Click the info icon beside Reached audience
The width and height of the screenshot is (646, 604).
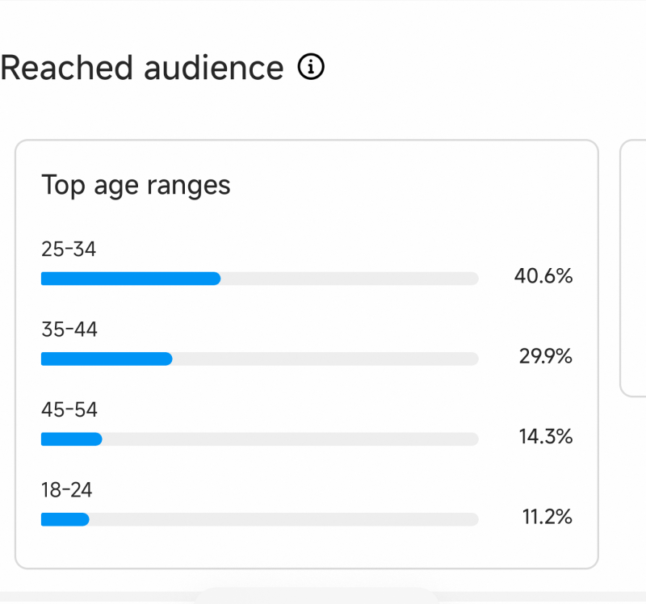click(311, 68)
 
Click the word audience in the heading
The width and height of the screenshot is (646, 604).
click(214, 68)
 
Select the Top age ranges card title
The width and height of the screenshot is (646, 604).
click(136, 186)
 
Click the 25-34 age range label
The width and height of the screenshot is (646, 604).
click(69, 250)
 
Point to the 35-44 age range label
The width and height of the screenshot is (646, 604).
click(69, 329)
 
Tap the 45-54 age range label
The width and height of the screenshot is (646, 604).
click(69, 409)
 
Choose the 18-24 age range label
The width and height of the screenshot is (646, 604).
click(67, 489)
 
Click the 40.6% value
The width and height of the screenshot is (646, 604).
click(543, 276)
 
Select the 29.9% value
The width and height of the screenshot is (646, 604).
click(546, 356)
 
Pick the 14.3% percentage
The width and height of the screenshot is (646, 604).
click(546, 437)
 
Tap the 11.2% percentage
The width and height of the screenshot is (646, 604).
click(547, 517)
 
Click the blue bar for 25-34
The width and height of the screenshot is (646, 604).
click(131, 279)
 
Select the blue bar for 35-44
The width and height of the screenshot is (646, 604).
click(107, 359)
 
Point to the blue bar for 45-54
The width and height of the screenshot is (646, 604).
click(72, 439)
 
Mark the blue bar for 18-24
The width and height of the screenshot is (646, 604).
click(65, 519)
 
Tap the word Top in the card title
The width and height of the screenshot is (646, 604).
click(63, 185)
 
